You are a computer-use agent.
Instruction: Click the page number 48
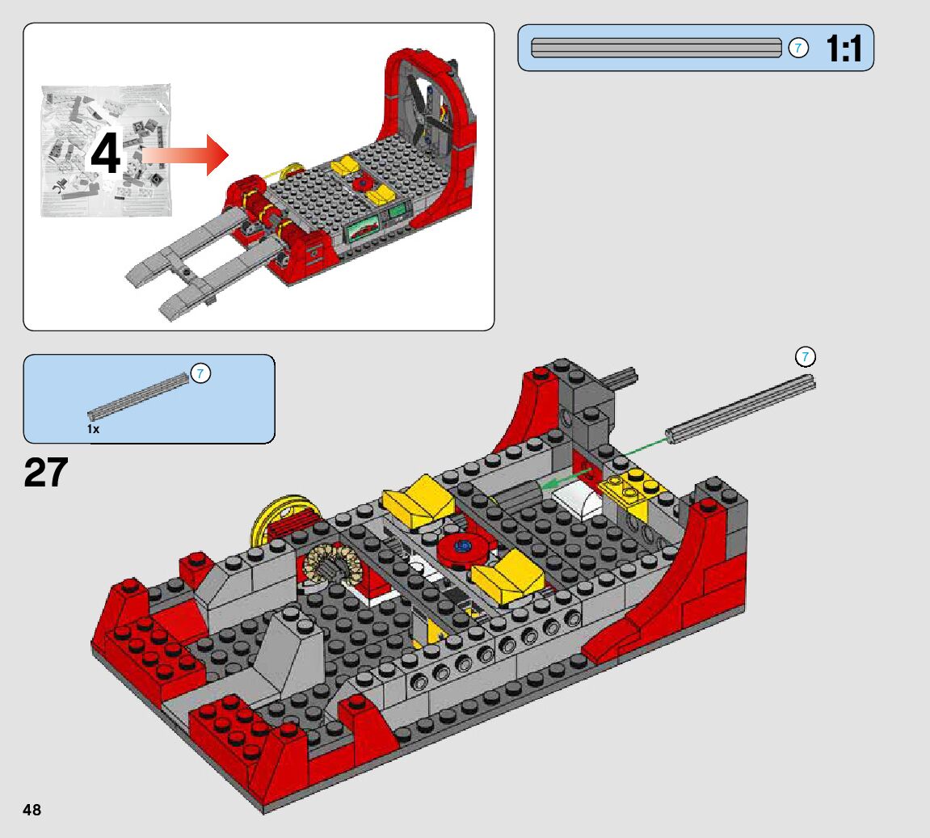(32, 810)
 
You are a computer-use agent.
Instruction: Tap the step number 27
(46, 473)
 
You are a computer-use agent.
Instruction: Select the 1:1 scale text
(844, 48)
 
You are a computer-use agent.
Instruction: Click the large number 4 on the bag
(106, 153)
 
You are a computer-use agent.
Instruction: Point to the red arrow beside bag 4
(185, 155)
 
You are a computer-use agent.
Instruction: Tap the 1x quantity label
(93, 429)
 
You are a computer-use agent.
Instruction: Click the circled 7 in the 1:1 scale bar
(798, 48)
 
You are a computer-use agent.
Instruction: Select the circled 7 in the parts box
(200, 373)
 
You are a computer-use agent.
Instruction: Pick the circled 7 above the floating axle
(805, 357)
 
